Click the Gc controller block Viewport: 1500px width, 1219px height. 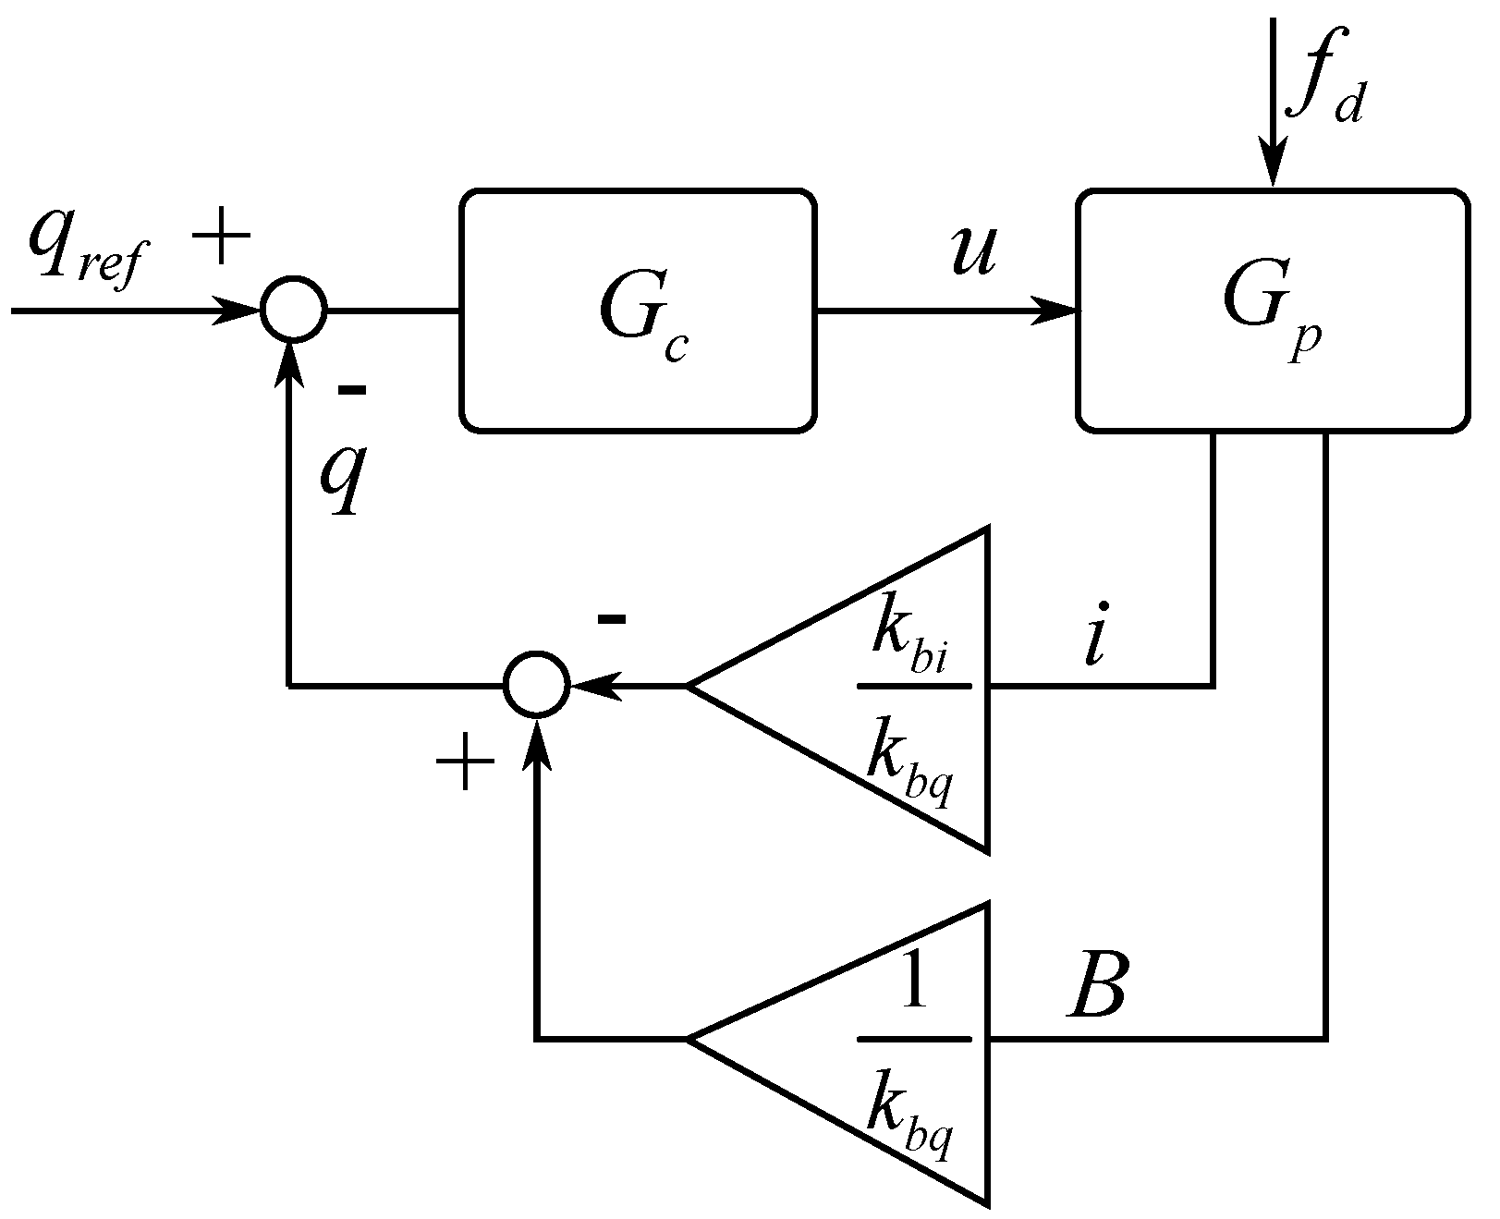point(638,311)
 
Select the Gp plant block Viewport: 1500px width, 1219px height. point(1272,311)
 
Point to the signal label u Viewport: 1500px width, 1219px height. point(972,251)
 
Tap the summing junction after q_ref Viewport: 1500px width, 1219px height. point(293,311)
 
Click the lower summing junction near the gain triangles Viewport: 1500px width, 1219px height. point(537,685)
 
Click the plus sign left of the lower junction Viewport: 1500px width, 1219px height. point(465,766)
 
